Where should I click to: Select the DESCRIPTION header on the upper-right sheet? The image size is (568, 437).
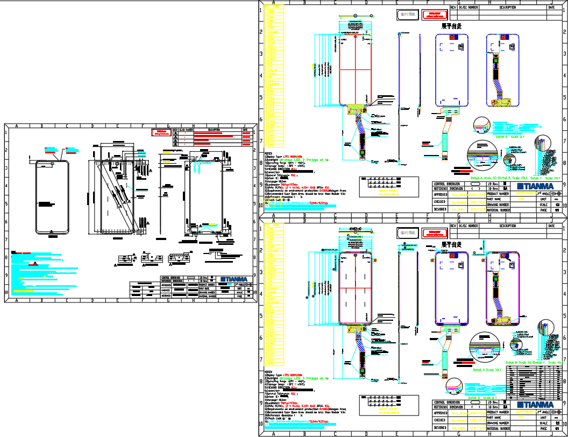507,8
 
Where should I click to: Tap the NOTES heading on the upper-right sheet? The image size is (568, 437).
268,153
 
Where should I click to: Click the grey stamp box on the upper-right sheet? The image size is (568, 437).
407,15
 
